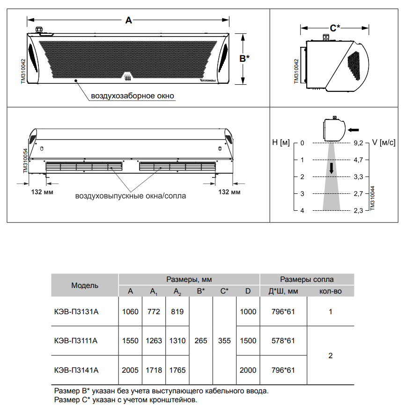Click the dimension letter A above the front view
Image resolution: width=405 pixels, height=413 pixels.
(x=129, y=20)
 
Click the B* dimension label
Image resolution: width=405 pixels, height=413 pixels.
(x=244, y=58)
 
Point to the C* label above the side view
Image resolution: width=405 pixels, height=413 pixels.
(x=335, y=28)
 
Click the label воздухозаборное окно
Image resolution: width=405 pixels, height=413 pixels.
(x=133, y=96)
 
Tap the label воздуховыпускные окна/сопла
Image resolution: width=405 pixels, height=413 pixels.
(x=131, y=196)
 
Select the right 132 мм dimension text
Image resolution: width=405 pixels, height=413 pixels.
(x=230, y=192)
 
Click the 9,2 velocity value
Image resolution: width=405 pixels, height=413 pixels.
(x=358, y=143)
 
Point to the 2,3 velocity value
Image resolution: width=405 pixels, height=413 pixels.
(x=358, y=211)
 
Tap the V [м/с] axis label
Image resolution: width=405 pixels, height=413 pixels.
(x=384, y=142)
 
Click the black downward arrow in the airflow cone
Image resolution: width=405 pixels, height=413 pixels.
(x=331, y=168)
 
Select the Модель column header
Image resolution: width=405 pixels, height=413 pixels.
(x=85, y=285)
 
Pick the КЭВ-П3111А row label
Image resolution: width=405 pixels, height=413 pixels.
(x=76, y=341)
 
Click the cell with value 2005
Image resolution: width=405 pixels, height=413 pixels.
(x=130, y=370)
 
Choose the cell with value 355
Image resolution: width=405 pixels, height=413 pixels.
(x=224, y=341)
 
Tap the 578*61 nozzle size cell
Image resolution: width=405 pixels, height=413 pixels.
(x=283, y=341)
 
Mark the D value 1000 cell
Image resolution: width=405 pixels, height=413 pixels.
(x=248, y=311)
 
